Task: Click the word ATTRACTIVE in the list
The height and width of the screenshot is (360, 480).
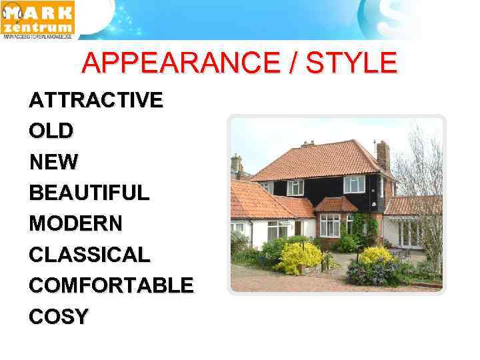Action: tap(95, 100)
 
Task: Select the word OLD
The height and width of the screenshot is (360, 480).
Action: tap(51, 131)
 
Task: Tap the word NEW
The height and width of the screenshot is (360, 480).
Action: tap(53, 161)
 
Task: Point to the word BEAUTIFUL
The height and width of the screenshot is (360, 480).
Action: tap(89, 193)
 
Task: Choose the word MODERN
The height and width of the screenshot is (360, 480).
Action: tap(75, 223)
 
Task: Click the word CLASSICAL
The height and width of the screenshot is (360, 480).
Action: tap(90, 254)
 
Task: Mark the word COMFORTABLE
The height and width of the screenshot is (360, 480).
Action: tap(111, 285)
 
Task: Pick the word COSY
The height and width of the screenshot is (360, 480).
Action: tap(58, 316)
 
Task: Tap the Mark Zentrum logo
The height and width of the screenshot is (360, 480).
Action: tap(38, 20)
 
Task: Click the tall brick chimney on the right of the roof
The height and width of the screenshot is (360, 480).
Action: tap(383, 155)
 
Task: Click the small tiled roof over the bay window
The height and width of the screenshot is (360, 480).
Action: tap(335, 205)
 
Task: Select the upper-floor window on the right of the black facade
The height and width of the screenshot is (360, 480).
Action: tap(354, 184)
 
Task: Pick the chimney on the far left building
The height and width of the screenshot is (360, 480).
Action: tap(236, 163)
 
